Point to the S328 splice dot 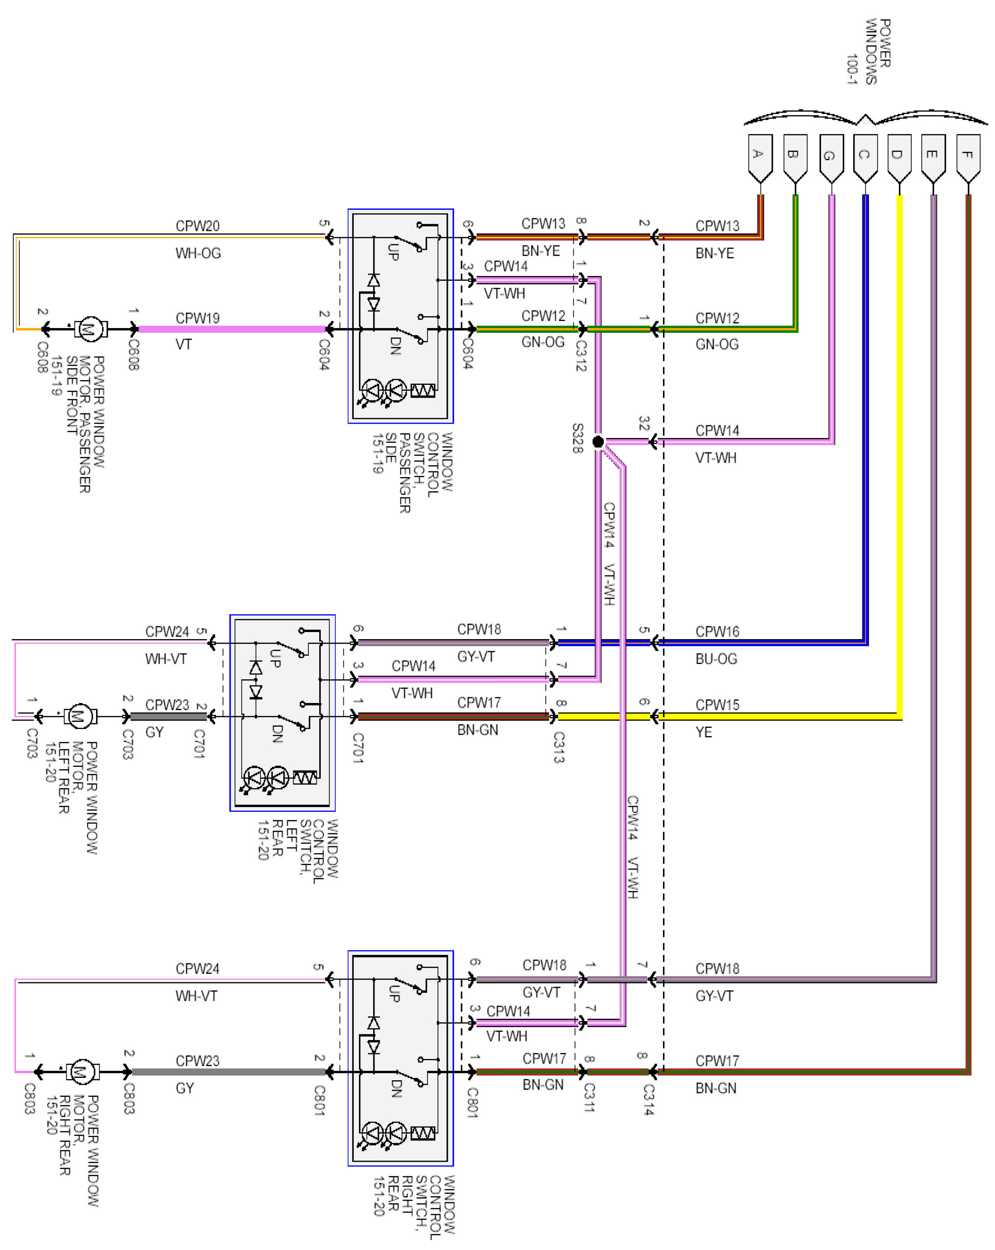[x=598, y=442]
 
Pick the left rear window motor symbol [x=79, y=717]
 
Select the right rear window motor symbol [x=82, y=1071]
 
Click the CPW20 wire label [x=197, y=226]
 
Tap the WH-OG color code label [x=198, y=253]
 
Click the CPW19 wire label [x=197, y=318]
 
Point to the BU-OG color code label [x=716, y=659]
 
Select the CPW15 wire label [x=717, y=705]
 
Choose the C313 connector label [x=559, y=747]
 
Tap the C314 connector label [x=648, y=1099]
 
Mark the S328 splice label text [x=577, y=438]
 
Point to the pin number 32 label [x=644, y=423]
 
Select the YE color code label [x=703, y=732]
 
